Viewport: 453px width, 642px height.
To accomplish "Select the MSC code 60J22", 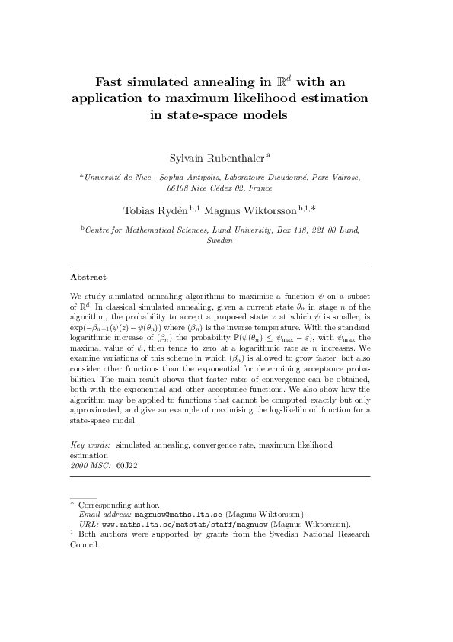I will coord(127,464).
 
